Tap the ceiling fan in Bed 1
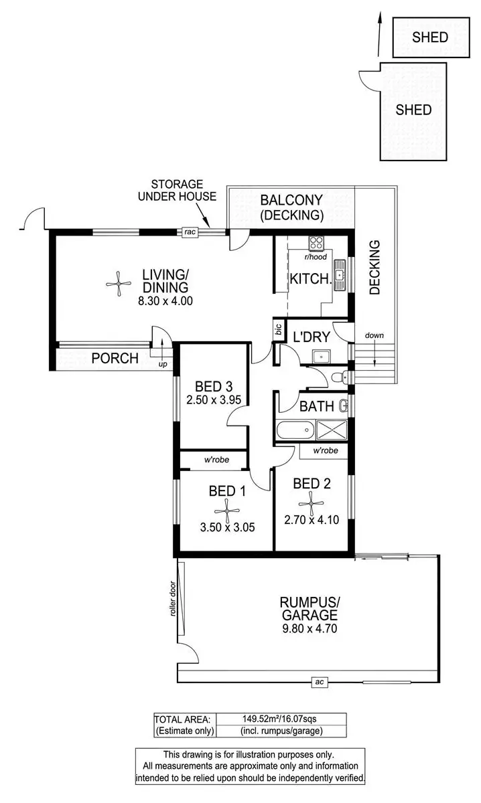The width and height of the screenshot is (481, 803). pyautogui.click(x=228, y=511)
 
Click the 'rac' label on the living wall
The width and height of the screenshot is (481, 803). pyautogui.click(x=188, y=232)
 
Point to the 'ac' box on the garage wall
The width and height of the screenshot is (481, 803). pyautogui.click(x=320, y=682)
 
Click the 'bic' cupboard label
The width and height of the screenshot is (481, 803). pyautogui.click(x=277, y=329)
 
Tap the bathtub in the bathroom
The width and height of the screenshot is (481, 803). pyautogui.click(x=295, y=428)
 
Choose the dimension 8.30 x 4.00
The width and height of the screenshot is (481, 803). pyautogui.click(x=165, y=301)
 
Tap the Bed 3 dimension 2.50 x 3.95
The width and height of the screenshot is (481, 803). pyautogui.click(x=214, y=401)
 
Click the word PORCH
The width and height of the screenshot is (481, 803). pyautogui.click(x=115, y=359)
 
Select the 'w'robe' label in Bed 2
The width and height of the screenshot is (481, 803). pyautogui.click(x=325, y=451)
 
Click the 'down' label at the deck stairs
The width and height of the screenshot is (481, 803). pyautogui.click(x=374, y=335)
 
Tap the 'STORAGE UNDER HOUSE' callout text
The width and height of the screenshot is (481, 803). pyautogui.click(x=177, y=189)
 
